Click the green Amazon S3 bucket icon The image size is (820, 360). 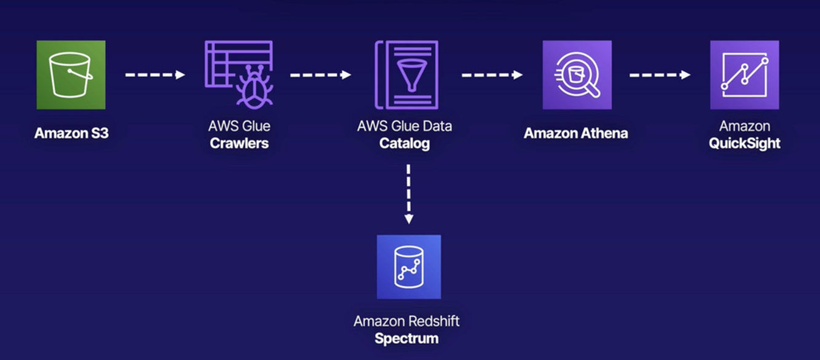click(71, 75)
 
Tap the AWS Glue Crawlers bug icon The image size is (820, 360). click(239, 75)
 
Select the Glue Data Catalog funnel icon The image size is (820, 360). click(407, 75)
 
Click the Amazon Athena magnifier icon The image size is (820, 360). click(577, 75)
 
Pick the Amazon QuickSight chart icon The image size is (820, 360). click(744, 75)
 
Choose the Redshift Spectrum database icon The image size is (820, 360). click(409, 267)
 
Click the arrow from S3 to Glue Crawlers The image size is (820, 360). click(155, 75)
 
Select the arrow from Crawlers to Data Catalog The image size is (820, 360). click(320, 75)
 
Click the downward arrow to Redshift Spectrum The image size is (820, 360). click(409, 194)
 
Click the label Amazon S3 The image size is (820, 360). click(71, 133)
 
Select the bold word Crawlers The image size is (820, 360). click(239, 144)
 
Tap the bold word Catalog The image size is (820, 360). click(404, 144)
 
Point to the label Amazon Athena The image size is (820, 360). click(576, 133)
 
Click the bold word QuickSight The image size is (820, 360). click(744, 144)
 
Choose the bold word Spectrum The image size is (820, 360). click(407, 338)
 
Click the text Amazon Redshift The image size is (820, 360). click(407, 321)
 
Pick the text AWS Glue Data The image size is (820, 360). click(404, 127)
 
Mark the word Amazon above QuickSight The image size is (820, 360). click(744, 127)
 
